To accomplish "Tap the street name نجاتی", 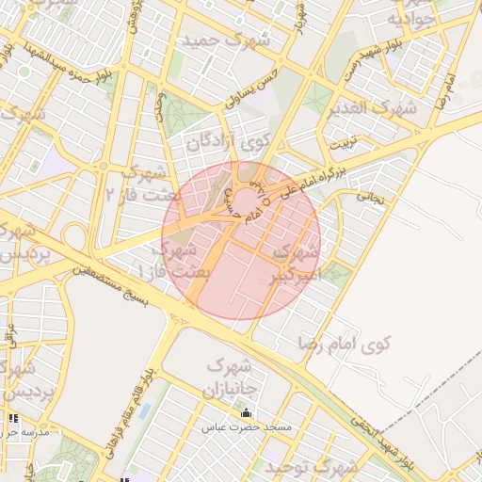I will coord(369,198).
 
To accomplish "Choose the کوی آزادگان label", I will coord(229,143).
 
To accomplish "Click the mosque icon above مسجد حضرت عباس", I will coord(247,413).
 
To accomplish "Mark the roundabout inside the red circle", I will coord(248,201).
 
